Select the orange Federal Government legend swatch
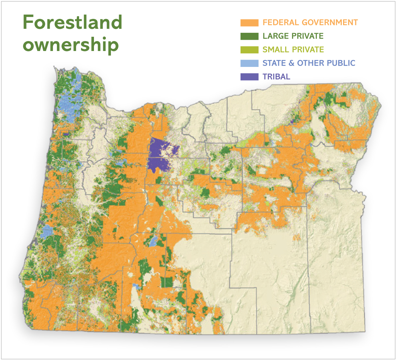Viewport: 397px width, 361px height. point(249,23)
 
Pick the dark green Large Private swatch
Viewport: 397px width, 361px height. point(249,36)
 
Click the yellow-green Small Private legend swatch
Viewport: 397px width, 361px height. point(249,50)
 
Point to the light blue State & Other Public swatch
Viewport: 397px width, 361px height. point(249,63)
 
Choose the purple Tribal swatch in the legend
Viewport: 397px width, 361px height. point(249,77)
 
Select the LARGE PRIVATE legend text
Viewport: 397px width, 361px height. point(293,36)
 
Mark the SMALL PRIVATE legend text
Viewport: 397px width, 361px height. point(293,50)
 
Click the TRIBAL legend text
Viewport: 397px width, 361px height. point(276,77)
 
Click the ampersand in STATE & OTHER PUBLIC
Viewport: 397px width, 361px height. point(291,63)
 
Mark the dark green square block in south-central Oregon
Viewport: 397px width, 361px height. point(167,282)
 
